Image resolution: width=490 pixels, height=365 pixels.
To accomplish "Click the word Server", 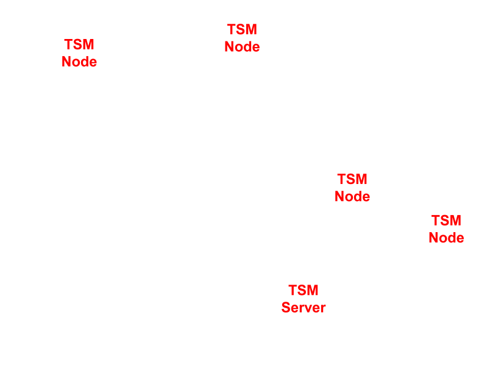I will click(304, 308).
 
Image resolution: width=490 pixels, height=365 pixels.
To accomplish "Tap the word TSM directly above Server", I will click(304, 291).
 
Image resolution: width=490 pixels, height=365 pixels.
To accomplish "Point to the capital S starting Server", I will click(286, 308).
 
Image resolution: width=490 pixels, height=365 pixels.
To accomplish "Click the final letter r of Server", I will click(323, 308).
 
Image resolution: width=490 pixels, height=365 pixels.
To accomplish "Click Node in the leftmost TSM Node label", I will click(79, 62).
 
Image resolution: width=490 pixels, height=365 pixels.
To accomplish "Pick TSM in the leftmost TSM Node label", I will click(79, 45).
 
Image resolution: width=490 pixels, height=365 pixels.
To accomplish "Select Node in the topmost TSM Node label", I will click(242, 47).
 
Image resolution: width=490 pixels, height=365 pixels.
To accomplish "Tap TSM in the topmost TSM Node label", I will click(242, 30).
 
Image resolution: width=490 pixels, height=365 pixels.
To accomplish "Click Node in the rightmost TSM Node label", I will click(446, 238).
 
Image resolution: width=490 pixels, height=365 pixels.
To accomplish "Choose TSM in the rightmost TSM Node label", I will click(446, 221).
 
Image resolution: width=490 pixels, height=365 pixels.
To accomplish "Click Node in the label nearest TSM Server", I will click(352, 197).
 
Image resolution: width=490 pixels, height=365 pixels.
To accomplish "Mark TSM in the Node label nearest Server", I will click(352, 180).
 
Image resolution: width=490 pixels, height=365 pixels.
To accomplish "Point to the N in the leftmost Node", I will click(66, 62).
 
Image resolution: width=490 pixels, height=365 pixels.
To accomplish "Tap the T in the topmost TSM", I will click(232, 30).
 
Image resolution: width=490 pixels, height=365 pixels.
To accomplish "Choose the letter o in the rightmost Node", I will click(442, 239).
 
